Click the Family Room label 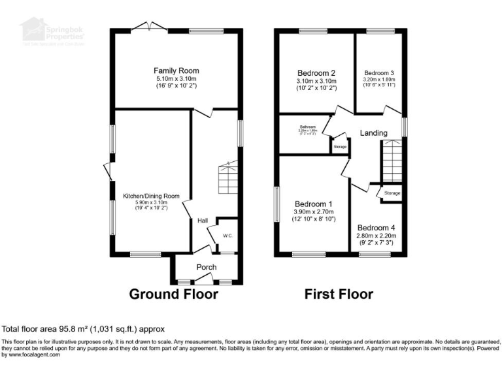[176, 70]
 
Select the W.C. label [228, 236]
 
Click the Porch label [207, 267]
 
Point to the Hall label [203, 221]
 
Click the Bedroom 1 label [313, 204]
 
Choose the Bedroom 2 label [316, 72]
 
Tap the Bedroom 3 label [379, 72]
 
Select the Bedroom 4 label [376, 228]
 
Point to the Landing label [373, 133]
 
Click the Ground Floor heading [173, 294]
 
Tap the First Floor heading [339, 294]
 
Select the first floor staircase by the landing [392, 163]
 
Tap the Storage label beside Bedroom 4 [392, 193]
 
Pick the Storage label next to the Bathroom [340, 148]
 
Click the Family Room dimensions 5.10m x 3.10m [176, 79]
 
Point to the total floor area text [84, 328]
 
